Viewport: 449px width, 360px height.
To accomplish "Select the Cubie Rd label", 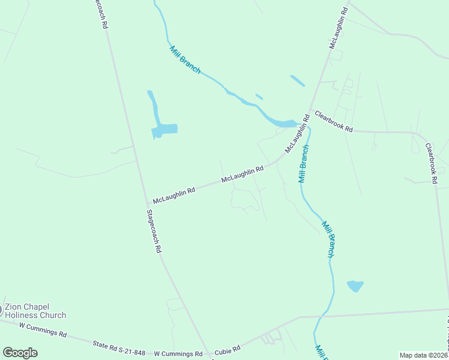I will pos(228,349).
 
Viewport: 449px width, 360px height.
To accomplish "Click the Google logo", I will pos(20,353).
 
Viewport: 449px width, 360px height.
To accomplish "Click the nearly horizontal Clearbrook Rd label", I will pos(334,121).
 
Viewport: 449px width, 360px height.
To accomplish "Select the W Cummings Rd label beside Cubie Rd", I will pos(178,354).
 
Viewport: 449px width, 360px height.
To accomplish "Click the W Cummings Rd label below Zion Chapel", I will pos(43,329).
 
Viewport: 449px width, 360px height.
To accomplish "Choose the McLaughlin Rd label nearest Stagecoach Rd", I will pos(174,194).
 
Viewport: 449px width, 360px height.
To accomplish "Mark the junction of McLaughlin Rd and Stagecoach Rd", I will pos(148,204).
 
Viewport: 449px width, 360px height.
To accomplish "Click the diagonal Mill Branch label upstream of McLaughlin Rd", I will pos(185,60).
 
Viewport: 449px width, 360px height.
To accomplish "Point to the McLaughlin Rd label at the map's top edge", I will pos(339,28).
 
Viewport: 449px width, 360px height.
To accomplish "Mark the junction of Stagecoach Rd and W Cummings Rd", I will pos(209,354).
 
